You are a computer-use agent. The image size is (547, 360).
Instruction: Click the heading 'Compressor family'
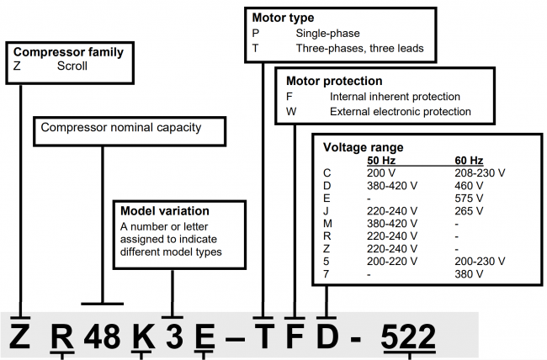click(x=68, y=52)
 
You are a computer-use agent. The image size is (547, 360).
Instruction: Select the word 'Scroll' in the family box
click(x=74, y=65)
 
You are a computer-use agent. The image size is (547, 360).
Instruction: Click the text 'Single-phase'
click(x=327, y=33)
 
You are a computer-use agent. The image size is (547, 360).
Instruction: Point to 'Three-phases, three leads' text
click(x=359, y=47)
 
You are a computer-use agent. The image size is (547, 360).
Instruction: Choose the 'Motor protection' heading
click(x=334, y=82)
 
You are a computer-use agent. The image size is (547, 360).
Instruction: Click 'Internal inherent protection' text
click(x=395, y=97)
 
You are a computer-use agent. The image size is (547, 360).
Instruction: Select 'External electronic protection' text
click(x=401, y=111)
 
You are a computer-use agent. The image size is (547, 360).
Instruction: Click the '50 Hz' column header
click(x=383, y=160)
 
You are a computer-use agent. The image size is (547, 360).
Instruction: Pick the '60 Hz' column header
click(x=467, y=160)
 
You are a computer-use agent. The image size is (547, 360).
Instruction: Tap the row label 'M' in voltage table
click(x=327, y=224)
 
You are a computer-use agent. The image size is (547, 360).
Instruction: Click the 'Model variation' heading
click(x=164, y=211)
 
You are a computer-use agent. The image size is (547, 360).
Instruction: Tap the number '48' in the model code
click(x=103, y=334)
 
